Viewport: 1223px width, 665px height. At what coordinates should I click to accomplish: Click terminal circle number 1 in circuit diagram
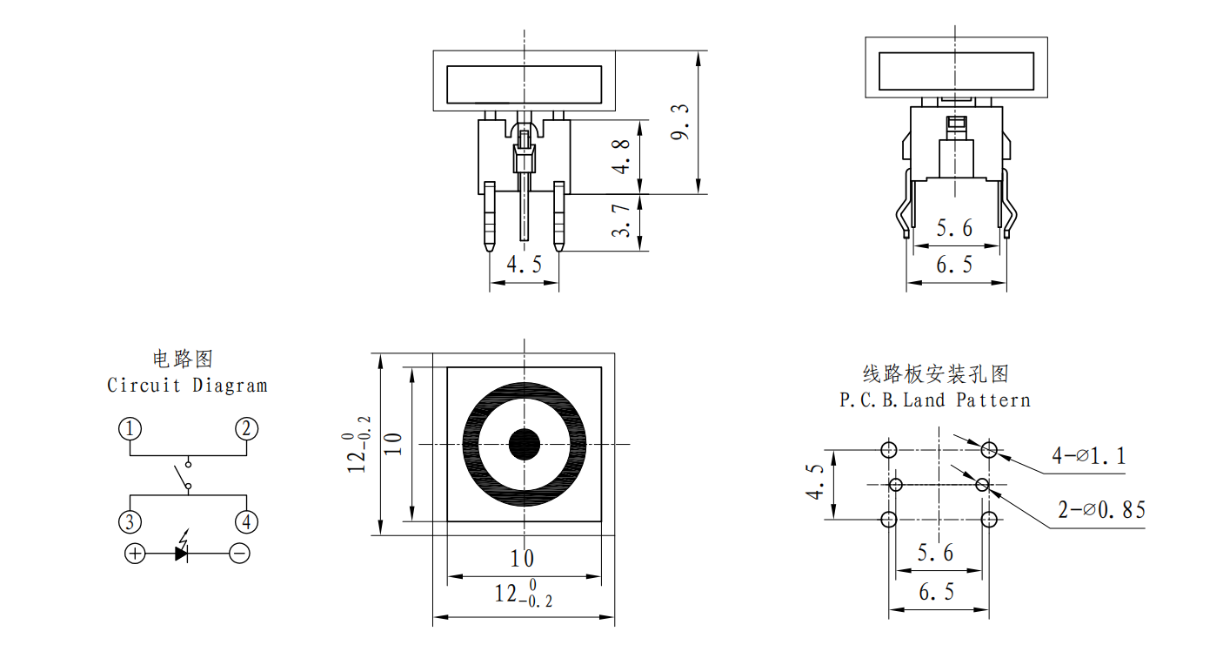(x=130, y=429)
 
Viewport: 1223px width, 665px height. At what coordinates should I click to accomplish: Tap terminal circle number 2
(x=247, y=429)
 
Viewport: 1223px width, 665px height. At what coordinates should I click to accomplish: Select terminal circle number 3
(x=130, y=522)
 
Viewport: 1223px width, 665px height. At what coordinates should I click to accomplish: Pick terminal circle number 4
(x=247, y=522)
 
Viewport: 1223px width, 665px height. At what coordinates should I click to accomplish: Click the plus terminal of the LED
(x=135, y=554)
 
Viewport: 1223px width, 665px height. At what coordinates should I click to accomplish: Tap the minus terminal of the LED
(x=239, y=554)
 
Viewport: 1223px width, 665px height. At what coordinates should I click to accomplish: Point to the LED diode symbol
(x=182, y=548)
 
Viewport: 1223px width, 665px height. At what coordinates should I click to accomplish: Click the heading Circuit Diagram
(x=187, y=386)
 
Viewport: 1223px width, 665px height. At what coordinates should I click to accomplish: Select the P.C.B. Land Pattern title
(x=935, y=400)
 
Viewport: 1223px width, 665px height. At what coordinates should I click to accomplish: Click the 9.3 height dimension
(x=680, y=123)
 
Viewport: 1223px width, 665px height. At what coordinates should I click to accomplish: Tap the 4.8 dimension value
(x=621, y=157)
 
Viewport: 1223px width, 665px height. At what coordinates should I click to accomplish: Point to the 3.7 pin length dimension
(x=621, y=221)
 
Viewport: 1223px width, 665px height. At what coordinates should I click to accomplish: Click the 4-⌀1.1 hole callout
(x=1089, y=455)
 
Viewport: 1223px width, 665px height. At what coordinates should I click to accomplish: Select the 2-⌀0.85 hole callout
(x=1102, y=510)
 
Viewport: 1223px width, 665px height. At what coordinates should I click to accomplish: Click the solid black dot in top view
(x=525, y=444)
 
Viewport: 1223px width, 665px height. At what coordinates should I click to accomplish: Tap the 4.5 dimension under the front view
(x=525, y=265)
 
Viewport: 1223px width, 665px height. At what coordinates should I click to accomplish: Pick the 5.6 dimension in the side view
(x=954, y=228)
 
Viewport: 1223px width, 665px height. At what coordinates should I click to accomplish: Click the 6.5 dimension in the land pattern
(x=936, y=592)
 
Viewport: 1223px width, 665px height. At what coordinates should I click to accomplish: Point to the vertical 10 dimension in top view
(x=393, y=444)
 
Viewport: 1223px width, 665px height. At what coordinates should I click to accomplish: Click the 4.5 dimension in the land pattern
(x=815, y=482)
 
